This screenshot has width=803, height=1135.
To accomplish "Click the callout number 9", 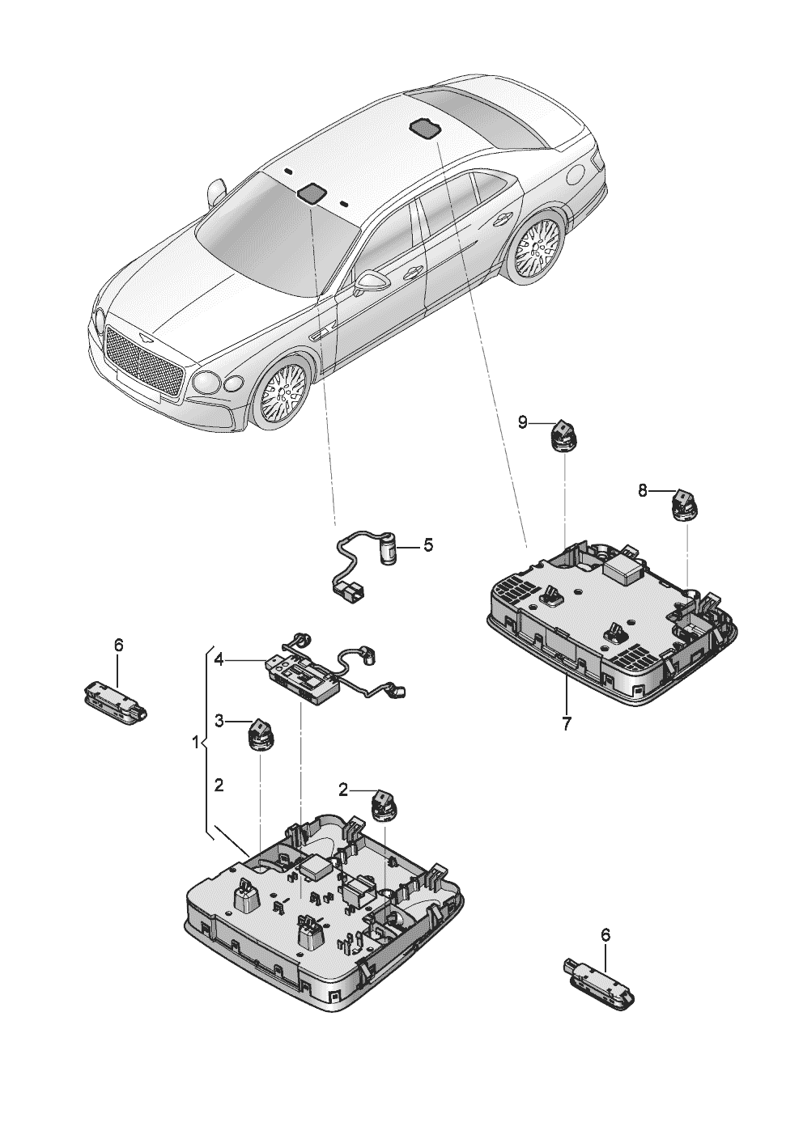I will click(523, 421).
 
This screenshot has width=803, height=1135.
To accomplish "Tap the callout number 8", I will click(642, 490).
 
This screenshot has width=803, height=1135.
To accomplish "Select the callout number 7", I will click(566, 722).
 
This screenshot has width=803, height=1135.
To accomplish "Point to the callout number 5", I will click(428, 545).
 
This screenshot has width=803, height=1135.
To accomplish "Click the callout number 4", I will click(219, 660).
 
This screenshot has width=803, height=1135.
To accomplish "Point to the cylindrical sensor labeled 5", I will click(389, 548).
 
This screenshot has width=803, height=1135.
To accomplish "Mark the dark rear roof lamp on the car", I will click(425, 128).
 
